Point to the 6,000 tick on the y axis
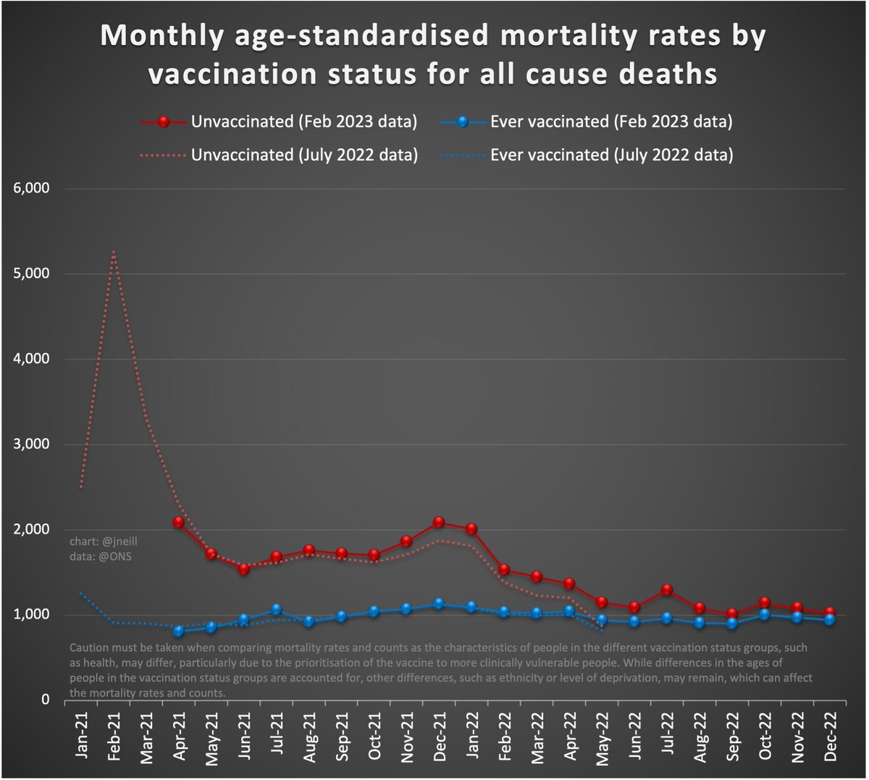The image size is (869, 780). (x=31, y=189)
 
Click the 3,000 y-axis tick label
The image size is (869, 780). (x=31, y=445)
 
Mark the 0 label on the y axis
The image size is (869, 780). (x=44, y=700)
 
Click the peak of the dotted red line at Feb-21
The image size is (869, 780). (x=114, y=252)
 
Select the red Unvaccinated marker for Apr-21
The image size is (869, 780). (x=178, y=522)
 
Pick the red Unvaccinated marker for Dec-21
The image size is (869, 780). (x=439, y=522)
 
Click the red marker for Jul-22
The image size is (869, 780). (x=667, y=590)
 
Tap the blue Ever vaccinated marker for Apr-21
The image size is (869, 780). (x=178, y=632)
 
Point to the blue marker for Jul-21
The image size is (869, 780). (x=276, y=611)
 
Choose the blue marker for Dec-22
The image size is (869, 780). (x=830, y=620)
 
